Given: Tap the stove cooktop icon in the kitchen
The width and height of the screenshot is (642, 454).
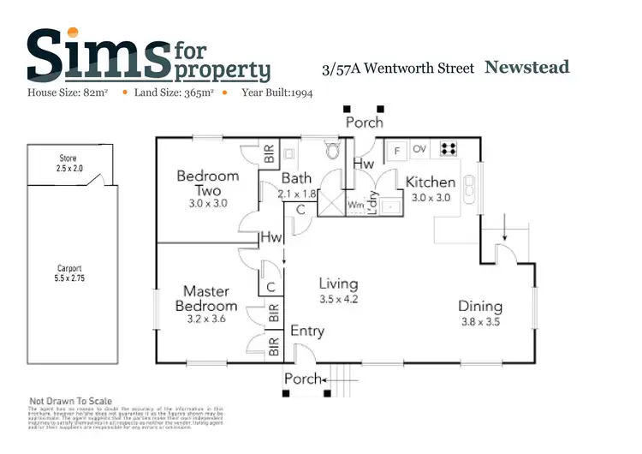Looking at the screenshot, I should (448, 149).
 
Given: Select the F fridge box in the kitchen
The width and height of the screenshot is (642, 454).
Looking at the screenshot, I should (397, 150).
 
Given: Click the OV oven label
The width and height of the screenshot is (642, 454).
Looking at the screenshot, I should (419, 149).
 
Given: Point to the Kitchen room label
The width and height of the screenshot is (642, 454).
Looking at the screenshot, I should (430, 182).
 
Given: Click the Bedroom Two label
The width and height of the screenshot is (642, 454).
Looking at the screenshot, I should (208, 183).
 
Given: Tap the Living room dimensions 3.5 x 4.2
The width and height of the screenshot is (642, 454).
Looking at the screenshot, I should (338, 300).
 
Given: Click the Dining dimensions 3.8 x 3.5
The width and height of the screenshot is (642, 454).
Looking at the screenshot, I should (479, 322).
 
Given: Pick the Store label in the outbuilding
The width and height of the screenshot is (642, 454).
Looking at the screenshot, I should (68, 159).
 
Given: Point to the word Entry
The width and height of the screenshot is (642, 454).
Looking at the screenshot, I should (307, 331).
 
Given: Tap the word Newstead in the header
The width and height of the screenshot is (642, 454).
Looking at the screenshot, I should (526, 67).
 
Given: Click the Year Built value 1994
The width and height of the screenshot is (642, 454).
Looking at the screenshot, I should (298, 93).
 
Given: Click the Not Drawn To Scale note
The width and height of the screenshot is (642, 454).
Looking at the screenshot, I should (72, 401).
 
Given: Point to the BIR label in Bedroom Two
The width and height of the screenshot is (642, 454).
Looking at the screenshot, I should (269, 155).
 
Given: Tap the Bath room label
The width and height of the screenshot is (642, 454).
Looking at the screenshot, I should (296, 179).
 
